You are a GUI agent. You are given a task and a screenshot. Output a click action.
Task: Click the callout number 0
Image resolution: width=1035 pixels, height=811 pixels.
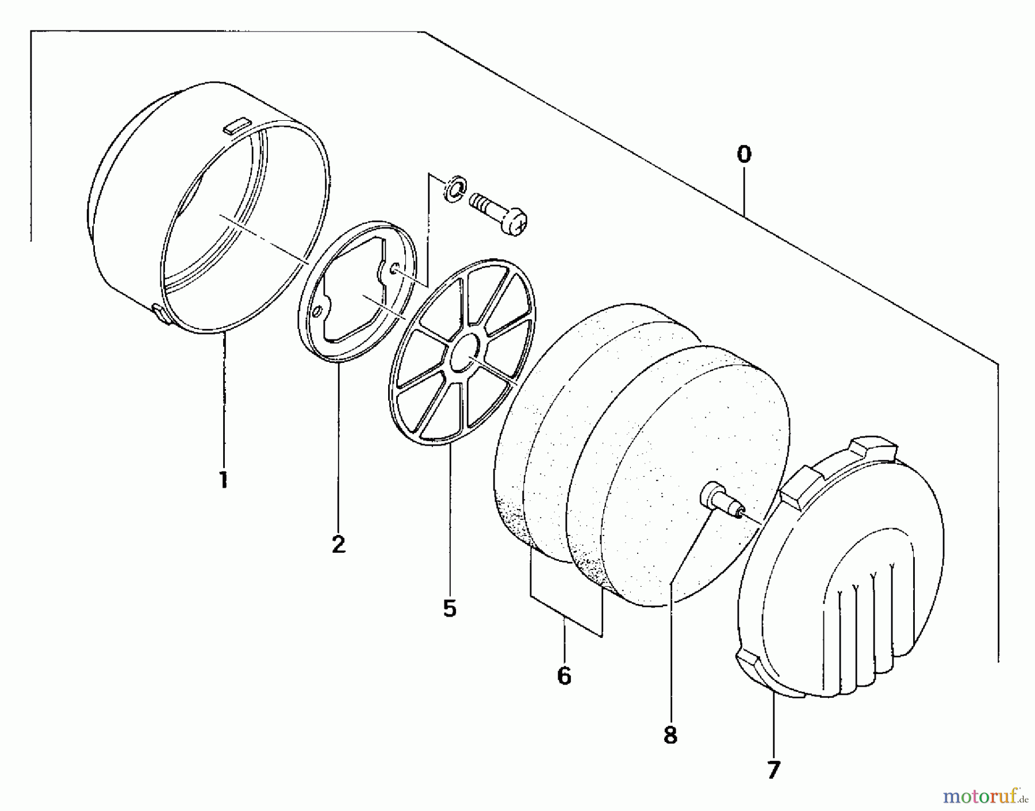[x=744, y=155]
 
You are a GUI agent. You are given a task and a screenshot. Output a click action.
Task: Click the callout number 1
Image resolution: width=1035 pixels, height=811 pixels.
[x=223, y=480]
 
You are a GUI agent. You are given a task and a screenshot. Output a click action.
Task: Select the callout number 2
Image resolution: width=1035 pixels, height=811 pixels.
[x=339, y=544]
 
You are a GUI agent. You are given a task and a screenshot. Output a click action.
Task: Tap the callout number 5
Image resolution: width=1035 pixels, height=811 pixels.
[x=450, y=608]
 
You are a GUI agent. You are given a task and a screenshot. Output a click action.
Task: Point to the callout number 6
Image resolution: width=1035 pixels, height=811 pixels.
[x=564, y=675]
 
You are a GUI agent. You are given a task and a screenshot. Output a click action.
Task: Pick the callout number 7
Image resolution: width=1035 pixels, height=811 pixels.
[x=773, y=769]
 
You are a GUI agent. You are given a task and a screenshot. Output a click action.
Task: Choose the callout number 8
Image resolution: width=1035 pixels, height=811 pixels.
[x=670, y=736]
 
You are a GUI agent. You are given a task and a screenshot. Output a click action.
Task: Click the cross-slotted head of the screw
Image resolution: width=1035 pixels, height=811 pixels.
[x=516, y=221]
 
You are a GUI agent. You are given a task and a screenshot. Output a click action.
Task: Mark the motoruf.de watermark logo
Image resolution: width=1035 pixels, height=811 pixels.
[x=984, y=797]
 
